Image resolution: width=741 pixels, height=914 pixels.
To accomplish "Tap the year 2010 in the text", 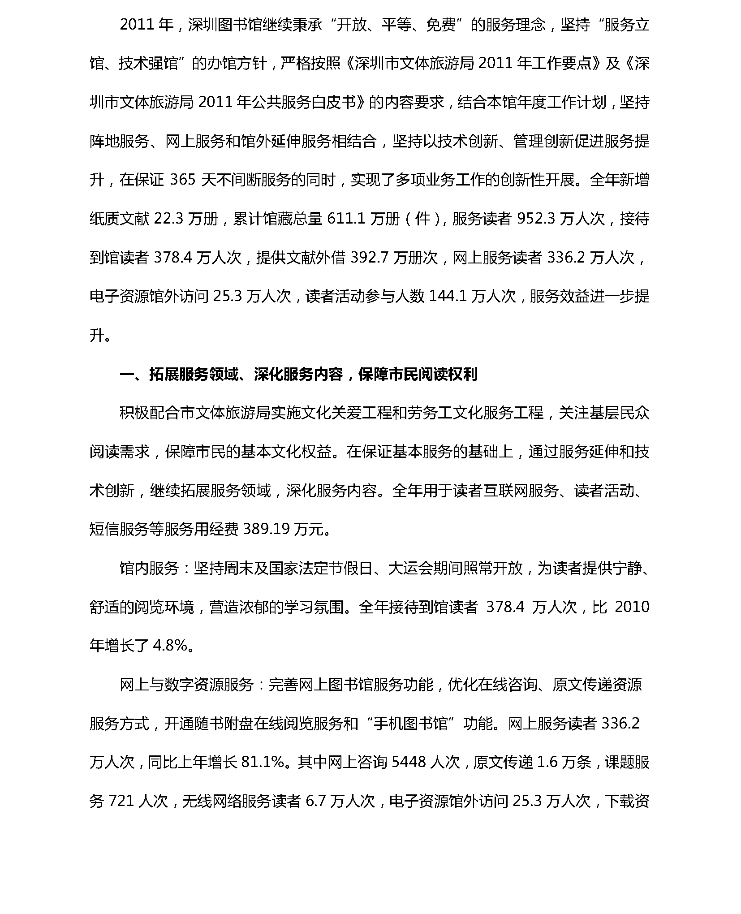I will (x=632, y=607).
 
